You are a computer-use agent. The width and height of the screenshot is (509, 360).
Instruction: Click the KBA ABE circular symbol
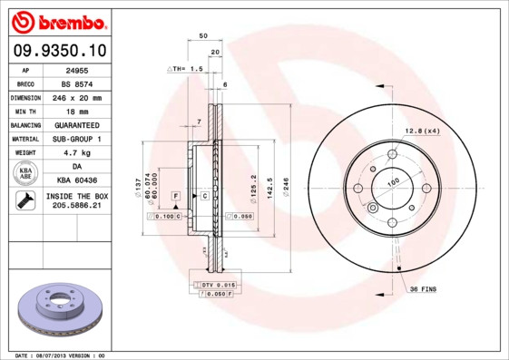[x=26, y=174]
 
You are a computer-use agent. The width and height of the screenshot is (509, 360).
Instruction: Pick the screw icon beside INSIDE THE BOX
[x=24, y=201]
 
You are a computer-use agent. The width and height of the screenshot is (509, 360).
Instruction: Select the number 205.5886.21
[x=75, y=207]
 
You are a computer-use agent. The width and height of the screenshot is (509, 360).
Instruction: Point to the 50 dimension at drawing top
[x=204, y=36]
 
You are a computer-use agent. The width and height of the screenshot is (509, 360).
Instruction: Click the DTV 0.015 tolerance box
[x=213, y=285]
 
